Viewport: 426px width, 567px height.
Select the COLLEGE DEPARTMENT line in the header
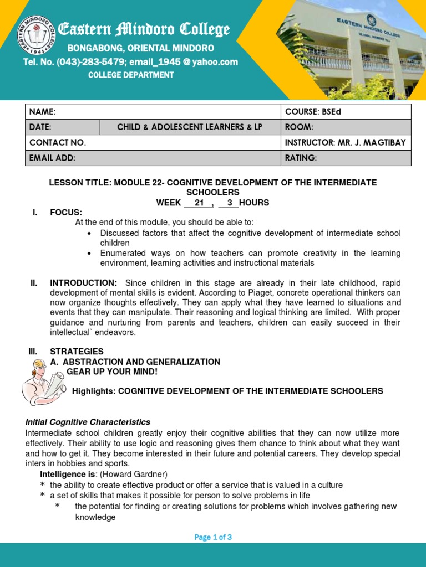pos(131,75)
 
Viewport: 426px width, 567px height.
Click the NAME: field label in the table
pos(43,112)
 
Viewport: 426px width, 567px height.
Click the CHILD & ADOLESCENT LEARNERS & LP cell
pos(190,127)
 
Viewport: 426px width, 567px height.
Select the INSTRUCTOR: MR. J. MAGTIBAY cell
pos(345,143)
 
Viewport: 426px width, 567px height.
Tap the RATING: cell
pos(301,158)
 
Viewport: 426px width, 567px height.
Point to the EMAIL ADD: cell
pos(52,158)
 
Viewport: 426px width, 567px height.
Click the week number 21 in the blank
pos(200,203)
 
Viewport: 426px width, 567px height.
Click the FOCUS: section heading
pos(66,213)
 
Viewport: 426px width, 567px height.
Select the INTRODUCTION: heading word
pos(84,283)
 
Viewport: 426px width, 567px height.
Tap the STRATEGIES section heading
pos(77,352)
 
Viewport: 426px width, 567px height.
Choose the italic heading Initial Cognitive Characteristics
pos(88,422)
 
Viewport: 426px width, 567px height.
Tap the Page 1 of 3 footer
pos(213,537)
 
